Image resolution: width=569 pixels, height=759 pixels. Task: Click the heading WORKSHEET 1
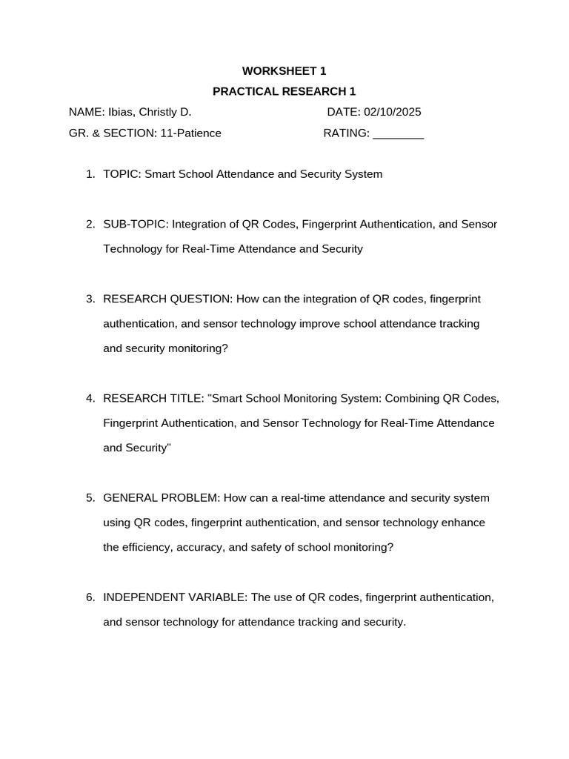click(284, 71)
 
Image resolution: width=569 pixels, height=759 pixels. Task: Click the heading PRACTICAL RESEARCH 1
click(284, 91)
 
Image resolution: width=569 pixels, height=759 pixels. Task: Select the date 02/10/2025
click(392, 112)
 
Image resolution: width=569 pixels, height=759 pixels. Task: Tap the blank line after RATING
click(398, 134)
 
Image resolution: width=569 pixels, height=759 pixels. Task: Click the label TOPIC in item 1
click(121, 174)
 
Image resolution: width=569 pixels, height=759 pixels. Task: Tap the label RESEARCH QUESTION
click(167, 299)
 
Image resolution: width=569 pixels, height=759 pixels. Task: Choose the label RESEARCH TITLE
click(153, 398)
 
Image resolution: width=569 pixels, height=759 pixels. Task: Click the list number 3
click(90, 299)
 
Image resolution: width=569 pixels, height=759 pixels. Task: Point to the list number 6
click(90, 597)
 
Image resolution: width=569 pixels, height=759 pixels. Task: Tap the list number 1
click(90, 174)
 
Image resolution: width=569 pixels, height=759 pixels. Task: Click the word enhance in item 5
click(463, 523)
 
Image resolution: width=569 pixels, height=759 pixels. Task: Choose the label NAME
click(86, 112)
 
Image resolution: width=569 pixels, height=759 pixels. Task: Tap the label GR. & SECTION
click(111, 133)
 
